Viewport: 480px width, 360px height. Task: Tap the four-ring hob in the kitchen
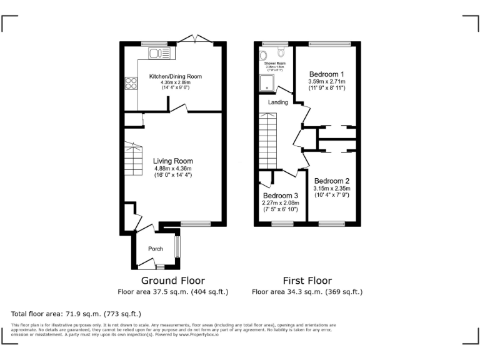pos(132,83)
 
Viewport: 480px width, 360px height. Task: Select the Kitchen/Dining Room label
pos(175,77)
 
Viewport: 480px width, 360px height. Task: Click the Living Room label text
pos(173,161)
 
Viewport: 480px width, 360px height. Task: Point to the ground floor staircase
pos(133,159)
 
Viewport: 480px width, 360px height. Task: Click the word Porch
pos(155,249)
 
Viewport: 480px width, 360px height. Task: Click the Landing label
pos(278,102)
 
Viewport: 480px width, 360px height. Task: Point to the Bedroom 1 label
pos(326,74)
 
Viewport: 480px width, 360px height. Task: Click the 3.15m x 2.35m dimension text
pos(331,188)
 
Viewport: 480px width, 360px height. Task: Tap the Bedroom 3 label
pos(280,195)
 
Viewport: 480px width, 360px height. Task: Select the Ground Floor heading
pos(172,281)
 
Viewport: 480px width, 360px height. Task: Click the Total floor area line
pos(76,313)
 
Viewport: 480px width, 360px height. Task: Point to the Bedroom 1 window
pos(325,43)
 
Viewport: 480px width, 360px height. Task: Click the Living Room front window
pos(196,224)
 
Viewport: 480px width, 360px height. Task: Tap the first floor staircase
pos(267,141)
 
